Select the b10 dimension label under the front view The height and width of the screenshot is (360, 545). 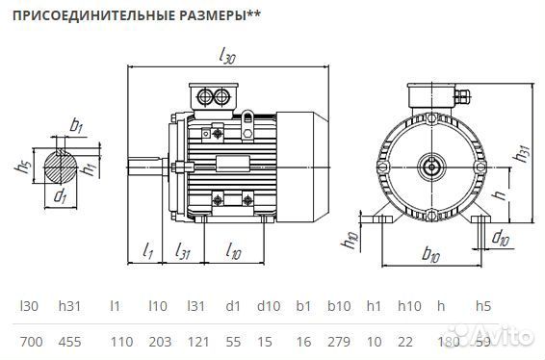(430, 256)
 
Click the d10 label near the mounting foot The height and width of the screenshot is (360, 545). (501, 238)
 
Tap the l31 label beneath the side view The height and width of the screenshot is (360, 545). (182, 250)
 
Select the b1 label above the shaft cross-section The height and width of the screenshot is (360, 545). (75, 124)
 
